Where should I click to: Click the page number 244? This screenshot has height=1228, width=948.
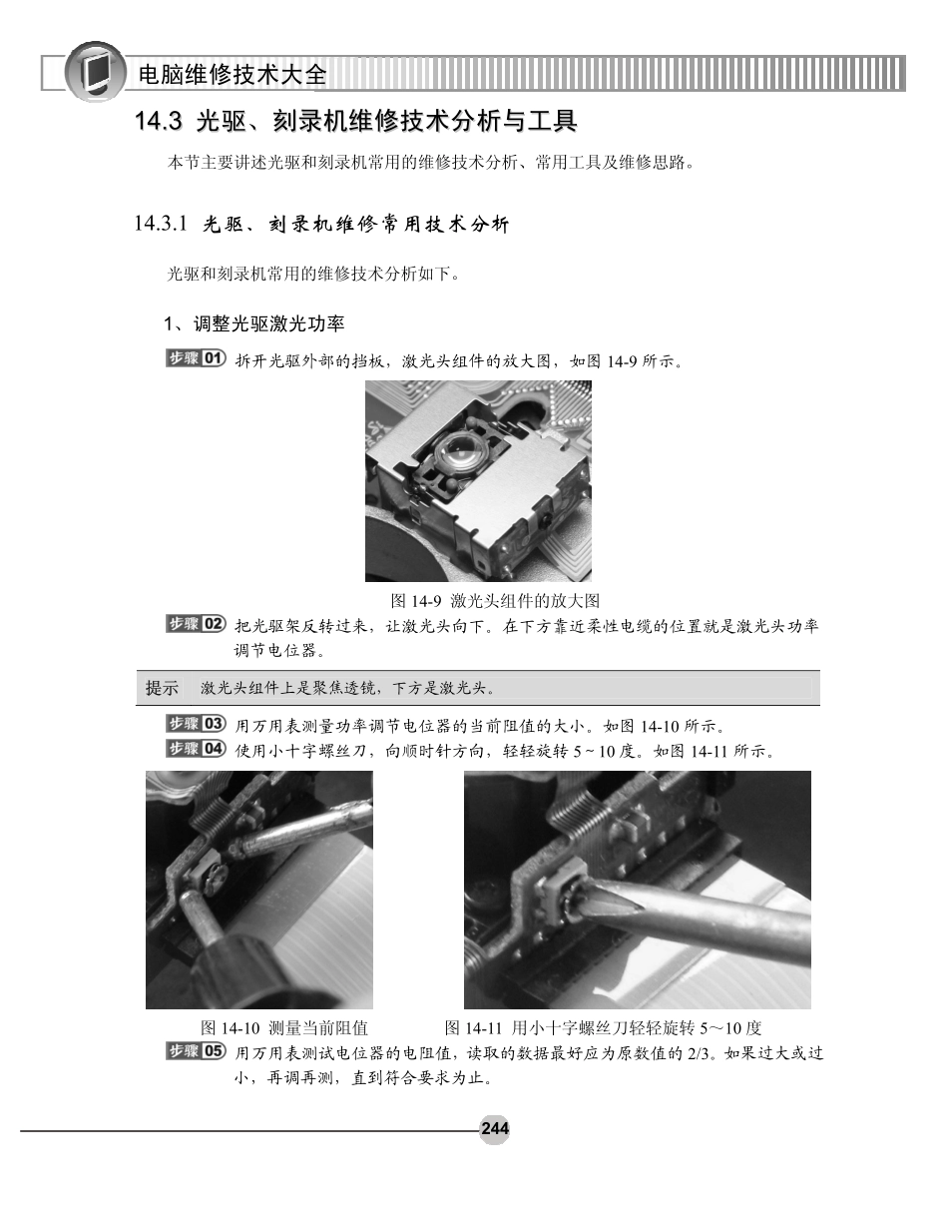coord(495,1128)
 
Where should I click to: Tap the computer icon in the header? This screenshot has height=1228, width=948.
coord(95,72)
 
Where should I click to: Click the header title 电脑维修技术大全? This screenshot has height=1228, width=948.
coord(233,75)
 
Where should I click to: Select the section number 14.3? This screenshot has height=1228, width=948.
coord(159,122)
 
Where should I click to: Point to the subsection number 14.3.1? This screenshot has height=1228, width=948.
coord(161,224)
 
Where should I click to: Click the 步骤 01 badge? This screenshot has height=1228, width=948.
coord(196,358)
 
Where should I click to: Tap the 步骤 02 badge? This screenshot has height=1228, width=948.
coord(196,624)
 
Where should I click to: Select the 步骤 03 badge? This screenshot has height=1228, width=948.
coord(196,724)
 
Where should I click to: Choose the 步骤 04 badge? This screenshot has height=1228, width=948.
coord(196,749)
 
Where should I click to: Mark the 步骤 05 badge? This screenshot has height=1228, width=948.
coord(196,1051)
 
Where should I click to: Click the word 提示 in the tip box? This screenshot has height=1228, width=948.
coord(162,688)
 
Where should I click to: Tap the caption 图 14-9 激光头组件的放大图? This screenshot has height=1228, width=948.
coord(495,601)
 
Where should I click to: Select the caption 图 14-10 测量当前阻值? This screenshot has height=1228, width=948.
coord(284,1027)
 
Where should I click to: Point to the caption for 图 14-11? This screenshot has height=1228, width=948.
coord(603,1027)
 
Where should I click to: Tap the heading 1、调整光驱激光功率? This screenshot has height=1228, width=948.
coord(254,323)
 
